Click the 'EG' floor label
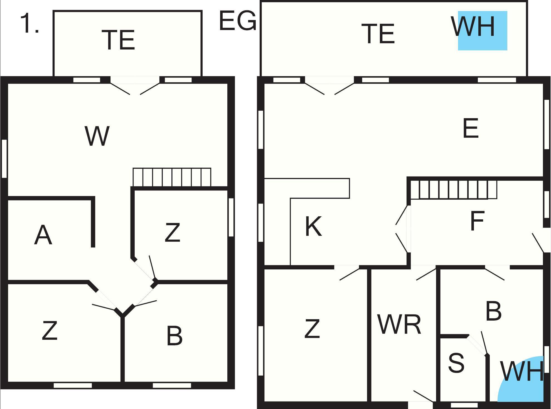click(237, 21)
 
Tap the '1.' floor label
click(29, 23)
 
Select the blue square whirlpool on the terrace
click(483, 31)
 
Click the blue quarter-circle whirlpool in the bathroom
click(520, 379)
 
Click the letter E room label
click(471, 128)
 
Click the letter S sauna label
click(456, 363)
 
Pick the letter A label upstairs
click(43, 235)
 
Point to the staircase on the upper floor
click(172, 177)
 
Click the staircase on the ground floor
click(454, 190)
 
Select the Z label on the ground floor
click(312, 329)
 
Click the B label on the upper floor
click(174, 336)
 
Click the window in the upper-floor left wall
click(4, 158)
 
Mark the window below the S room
click(464, 405)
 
